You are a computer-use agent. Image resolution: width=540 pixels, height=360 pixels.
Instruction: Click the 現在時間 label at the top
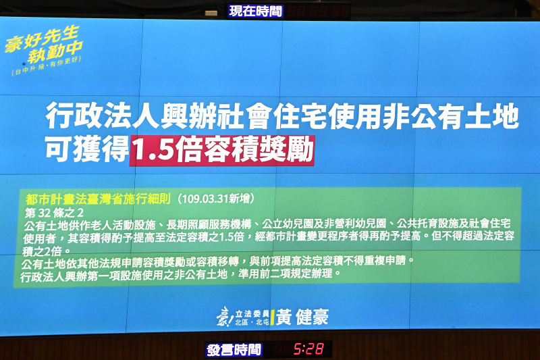256,11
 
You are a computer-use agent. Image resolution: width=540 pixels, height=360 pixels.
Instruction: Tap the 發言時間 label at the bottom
234,350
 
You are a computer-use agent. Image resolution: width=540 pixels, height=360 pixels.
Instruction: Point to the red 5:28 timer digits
308,349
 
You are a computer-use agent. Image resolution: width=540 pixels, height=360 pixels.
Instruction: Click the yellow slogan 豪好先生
42,38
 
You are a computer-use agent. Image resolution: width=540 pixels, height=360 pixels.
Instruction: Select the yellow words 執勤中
56,53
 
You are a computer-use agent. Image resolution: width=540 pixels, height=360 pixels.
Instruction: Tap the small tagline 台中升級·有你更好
47,66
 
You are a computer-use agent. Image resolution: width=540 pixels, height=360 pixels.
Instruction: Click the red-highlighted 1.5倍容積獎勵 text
221,151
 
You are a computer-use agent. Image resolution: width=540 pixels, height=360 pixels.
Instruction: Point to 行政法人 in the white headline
103,115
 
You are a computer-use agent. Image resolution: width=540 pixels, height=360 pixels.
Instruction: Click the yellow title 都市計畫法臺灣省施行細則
98,199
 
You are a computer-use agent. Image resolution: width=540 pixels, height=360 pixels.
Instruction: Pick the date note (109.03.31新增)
216,199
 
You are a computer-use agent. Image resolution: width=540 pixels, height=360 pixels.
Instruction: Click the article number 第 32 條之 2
54,213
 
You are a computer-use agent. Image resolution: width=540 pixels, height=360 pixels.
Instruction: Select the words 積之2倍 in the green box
46,251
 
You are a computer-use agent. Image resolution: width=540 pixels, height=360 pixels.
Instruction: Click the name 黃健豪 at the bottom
302,317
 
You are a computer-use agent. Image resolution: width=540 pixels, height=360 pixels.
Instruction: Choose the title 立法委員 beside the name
252,314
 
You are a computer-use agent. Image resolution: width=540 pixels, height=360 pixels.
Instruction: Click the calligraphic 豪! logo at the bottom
225,317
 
